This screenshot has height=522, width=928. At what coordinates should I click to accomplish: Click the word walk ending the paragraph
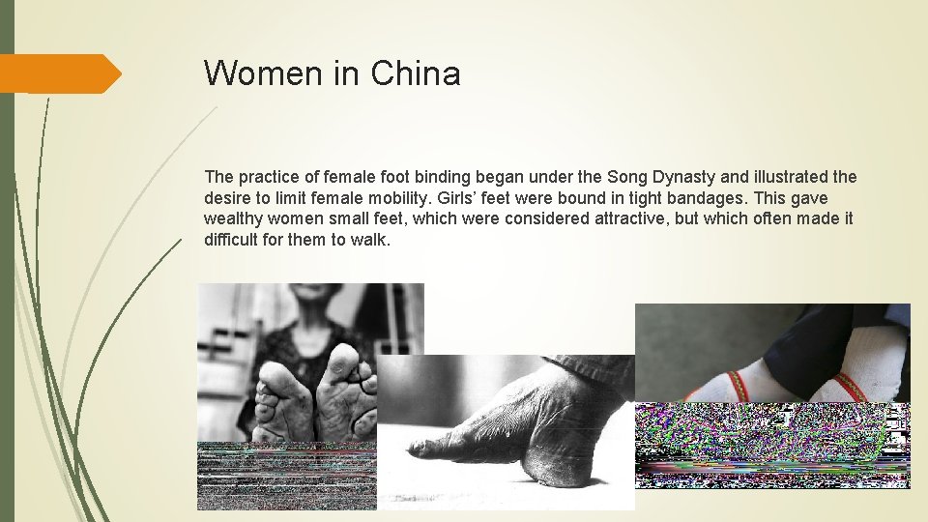372,240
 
